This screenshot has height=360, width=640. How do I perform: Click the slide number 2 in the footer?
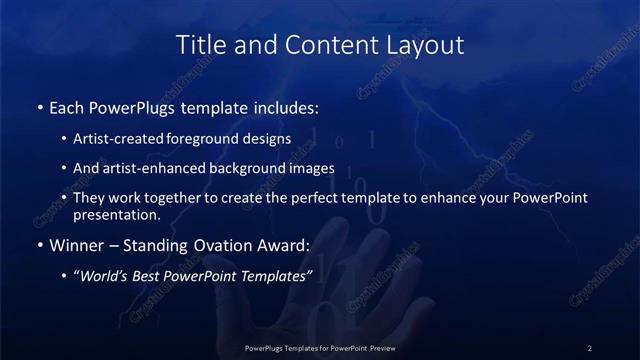pos(590,347)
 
